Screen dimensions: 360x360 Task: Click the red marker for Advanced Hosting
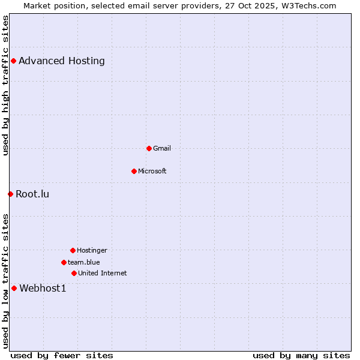[x=13, y=61]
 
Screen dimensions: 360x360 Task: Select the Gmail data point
[x=149, y=148]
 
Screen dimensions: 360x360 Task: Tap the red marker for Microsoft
[x=134, y=171]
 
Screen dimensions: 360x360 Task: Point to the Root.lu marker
[x=10, y=194]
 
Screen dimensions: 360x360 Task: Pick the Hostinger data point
[x=73, y=250]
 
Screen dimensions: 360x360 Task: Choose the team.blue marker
[x=64, y=262]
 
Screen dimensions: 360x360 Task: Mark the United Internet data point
[x=74, y=273]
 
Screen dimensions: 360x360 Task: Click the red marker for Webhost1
[x=14, y=288]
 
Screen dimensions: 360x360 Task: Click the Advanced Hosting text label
[x=62, y=61]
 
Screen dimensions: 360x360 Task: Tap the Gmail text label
[x=162, y=148]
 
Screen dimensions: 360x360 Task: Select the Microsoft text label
[x=152, y=171]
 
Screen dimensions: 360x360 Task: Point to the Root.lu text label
[x=32, y=194]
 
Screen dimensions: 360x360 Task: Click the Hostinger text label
[x=92, y=250]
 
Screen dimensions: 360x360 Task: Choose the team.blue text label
[x=84, y=262]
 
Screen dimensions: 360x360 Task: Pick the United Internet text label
[x=103, y=273]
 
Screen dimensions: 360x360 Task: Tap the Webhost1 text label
[x=43, y=288]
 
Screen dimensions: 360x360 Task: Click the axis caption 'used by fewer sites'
[x=62, y=355]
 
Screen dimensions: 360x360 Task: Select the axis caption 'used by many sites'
[x=301, y=355]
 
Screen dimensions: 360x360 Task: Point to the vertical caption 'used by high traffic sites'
[x=5, y=85]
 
